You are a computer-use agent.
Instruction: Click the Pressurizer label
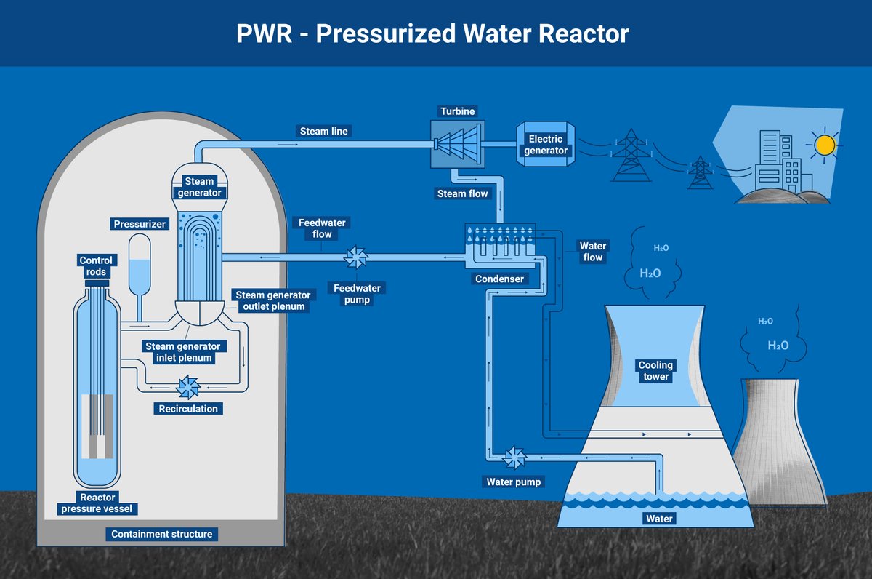click(140, 224)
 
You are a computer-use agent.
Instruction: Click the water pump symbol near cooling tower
click(514, 457)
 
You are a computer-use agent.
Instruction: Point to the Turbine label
click(457, 111)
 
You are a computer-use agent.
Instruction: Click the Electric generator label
click(546, 145)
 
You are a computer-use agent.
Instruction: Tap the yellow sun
click(825, 145)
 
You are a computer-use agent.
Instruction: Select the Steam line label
click(324, 132)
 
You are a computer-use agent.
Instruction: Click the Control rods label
click(97, 266)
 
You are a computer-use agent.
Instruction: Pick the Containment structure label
click(162, 534)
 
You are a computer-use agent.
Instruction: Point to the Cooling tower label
click(655, 371)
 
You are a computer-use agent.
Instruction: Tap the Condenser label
click(500, 279)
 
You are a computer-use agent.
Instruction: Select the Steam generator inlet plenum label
click(182, 352)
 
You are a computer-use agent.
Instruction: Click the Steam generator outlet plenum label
click(272, 300)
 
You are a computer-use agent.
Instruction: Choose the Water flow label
click(593, 252)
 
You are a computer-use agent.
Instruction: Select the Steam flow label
click(462, 193)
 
